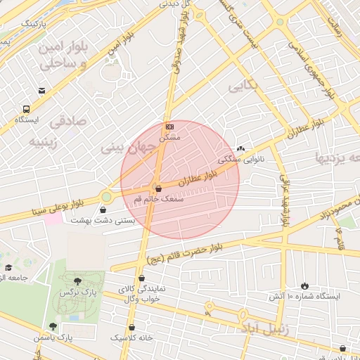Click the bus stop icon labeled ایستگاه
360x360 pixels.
click(27, 110)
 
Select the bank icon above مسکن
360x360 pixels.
click(169, 126)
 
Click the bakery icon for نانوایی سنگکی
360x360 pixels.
click(242, 149)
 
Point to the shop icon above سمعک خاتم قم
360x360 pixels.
click(157, 188)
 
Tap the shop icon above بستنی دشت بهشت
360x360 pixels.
click(104, 210)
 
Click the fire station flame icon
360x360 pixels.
click(304, 285)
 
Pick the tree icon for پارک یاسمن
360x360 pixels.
click(53, 326)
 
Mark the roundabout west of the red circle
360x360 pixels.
click(107, 197)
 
